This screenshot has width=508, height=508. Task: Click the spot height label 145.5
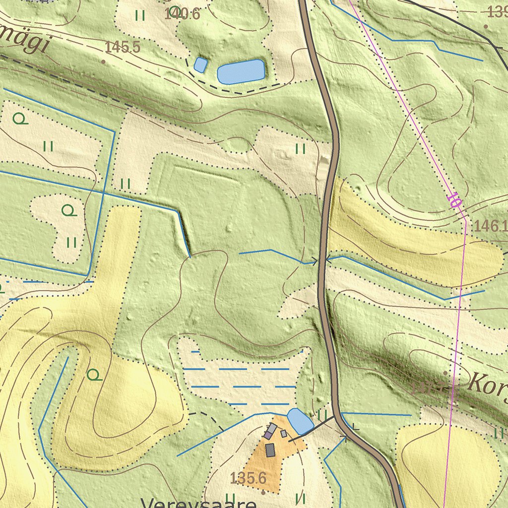[x=123, y=48]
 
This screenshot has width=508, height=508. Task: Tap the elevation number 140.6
[x=182, y=14]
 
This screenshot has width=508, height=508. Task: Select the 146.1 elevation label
[x=488, y=227]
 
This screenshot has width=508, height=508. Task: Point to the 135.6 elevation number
[x=248, y=478]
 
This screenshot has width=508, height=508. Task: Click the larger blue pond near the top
[x=241, y=71]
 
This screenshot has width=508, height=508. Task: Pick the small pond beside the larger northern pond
[x=200, y=64]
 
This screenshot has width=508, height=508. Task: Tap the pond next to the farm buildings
[x=300, y=421]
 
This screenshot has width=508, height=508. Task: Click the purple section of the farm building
[x=268, y=435]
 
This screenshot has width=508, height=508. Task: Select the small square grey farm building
[x=284, y=434]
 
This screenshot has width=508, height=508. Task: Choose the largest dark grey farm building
[x=270, y=450]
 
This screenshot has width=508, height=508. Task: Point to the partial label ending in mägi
[x=25, y=42]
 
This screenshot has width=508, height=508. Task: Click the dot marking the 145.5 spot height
[x=103, y=62]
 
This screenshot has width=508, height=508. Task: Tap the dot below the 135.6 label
[x=263, y=493]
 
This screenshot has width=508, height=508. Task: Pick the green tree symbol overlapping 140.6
[x=174, y=11]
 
